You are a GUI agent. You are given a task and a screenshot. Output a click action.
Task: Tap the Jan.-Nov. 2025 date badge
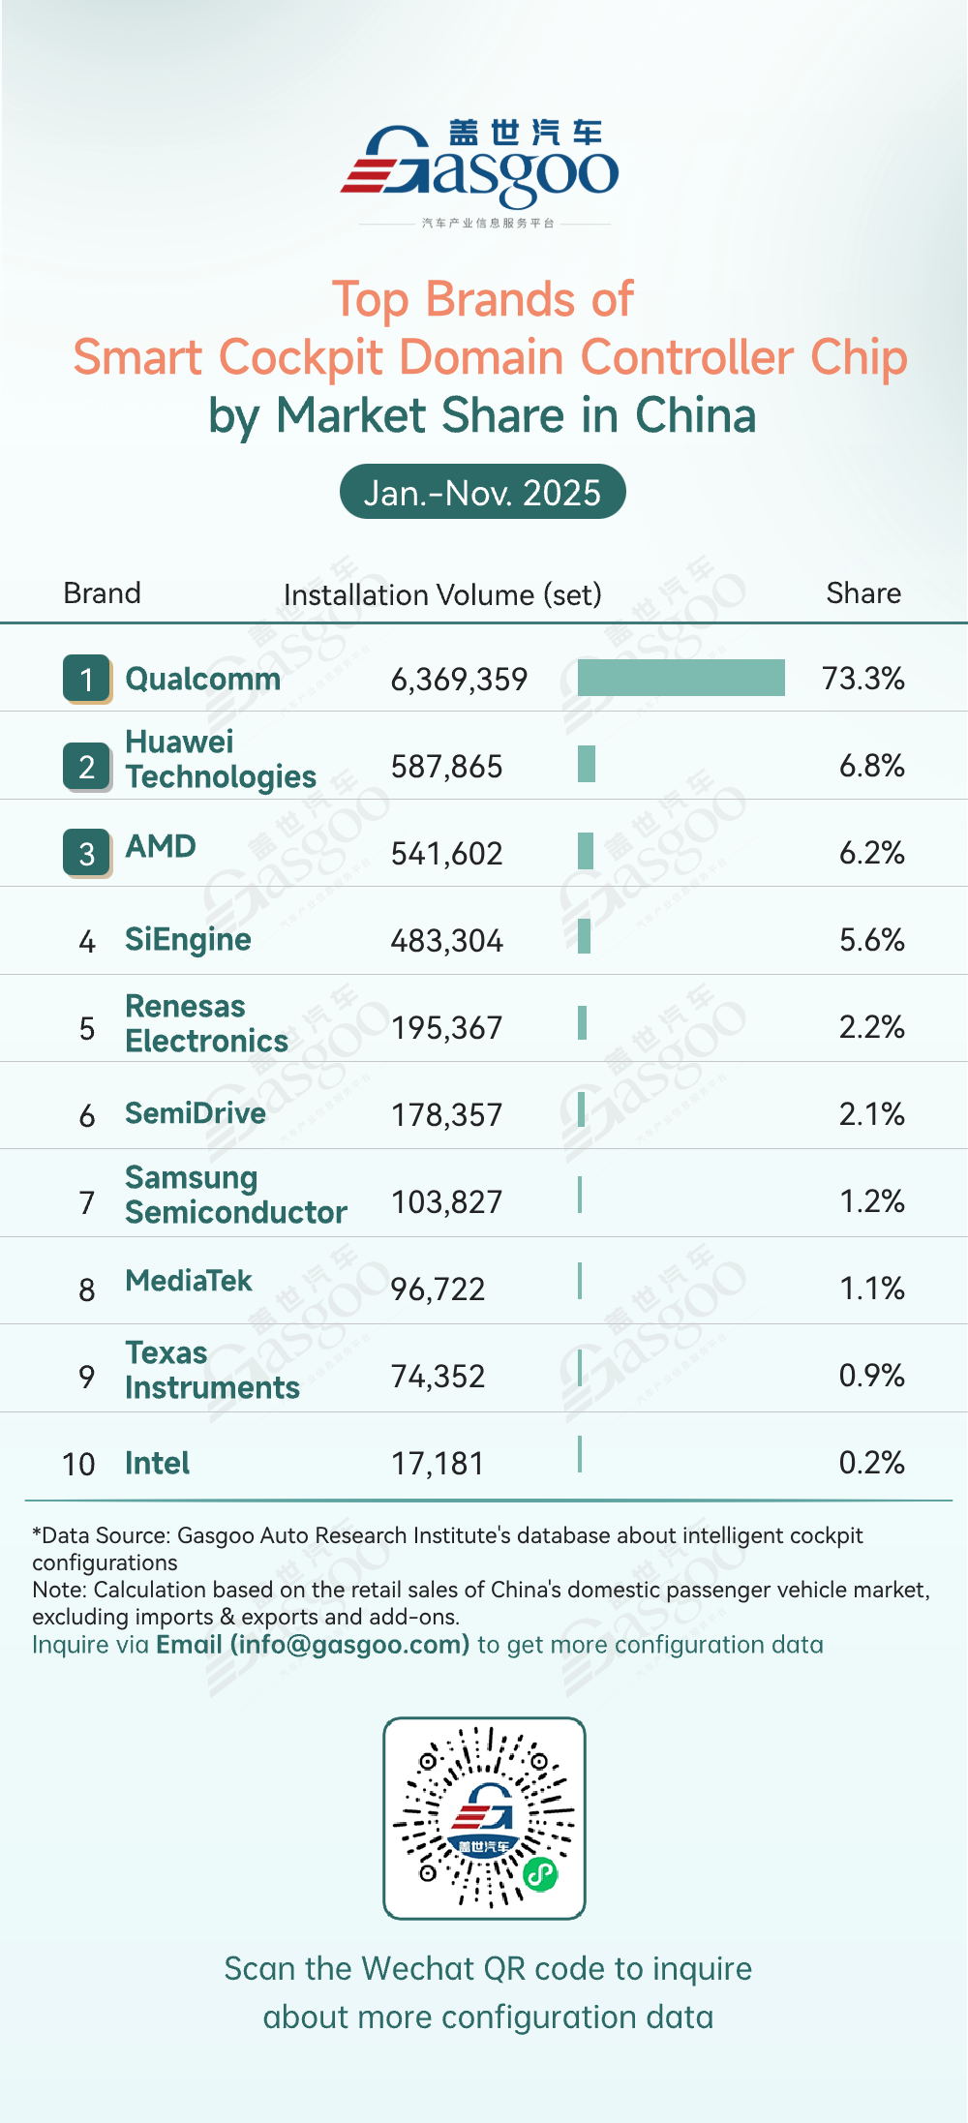[482, 493]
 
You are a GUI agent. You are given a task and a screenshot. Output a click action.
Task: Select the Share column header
[862, 593]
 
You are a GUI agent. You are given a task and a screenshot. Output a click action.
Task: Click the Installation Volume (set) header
[442, 594]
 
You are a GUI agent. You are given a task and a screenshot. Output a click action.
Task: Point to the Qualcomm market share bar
[681, 678]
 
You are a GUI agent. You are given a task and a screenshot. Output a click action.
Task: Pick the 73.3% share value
[862, 679]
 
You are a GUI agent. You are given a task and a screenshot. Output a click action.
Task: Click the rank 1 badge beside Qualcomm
[87, 679]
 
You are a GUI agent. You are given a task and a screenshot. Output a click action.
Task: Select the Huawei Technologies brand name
[221, 760]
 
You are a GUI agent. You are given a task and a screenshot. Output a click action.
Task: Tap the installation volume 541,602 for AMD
[446, 854]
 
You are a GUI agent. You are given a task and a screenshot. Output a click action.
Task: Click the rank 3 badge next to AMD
[87, 853]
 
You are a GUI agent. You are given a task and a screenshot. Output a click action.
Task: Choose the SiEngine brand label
[188, 940]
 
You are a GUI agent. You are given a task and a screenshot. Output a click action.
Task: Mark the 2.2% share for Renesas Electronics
[871, 1027]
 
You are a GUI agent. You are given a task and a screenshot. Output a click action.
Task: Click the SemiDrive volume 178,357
[446, 1115]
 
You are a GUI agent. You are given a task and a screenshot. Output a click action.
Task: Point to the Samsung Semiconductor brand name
[235, 1196]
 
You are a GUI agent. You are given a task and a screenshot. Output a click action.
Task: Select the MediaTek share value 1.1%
[871, 1289]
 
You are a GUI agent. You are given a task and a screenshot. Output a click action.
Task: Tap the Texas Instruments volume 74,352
[438, 1377]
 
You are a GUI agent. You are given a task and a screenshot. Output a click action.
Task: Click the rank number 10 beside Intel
[78, 1464]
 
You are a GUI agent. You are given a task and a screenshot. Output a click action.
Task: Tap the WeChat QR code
[484, 1818]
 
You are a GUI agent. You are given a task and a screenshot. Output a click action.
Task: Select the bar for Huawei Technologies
[586, 764]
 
